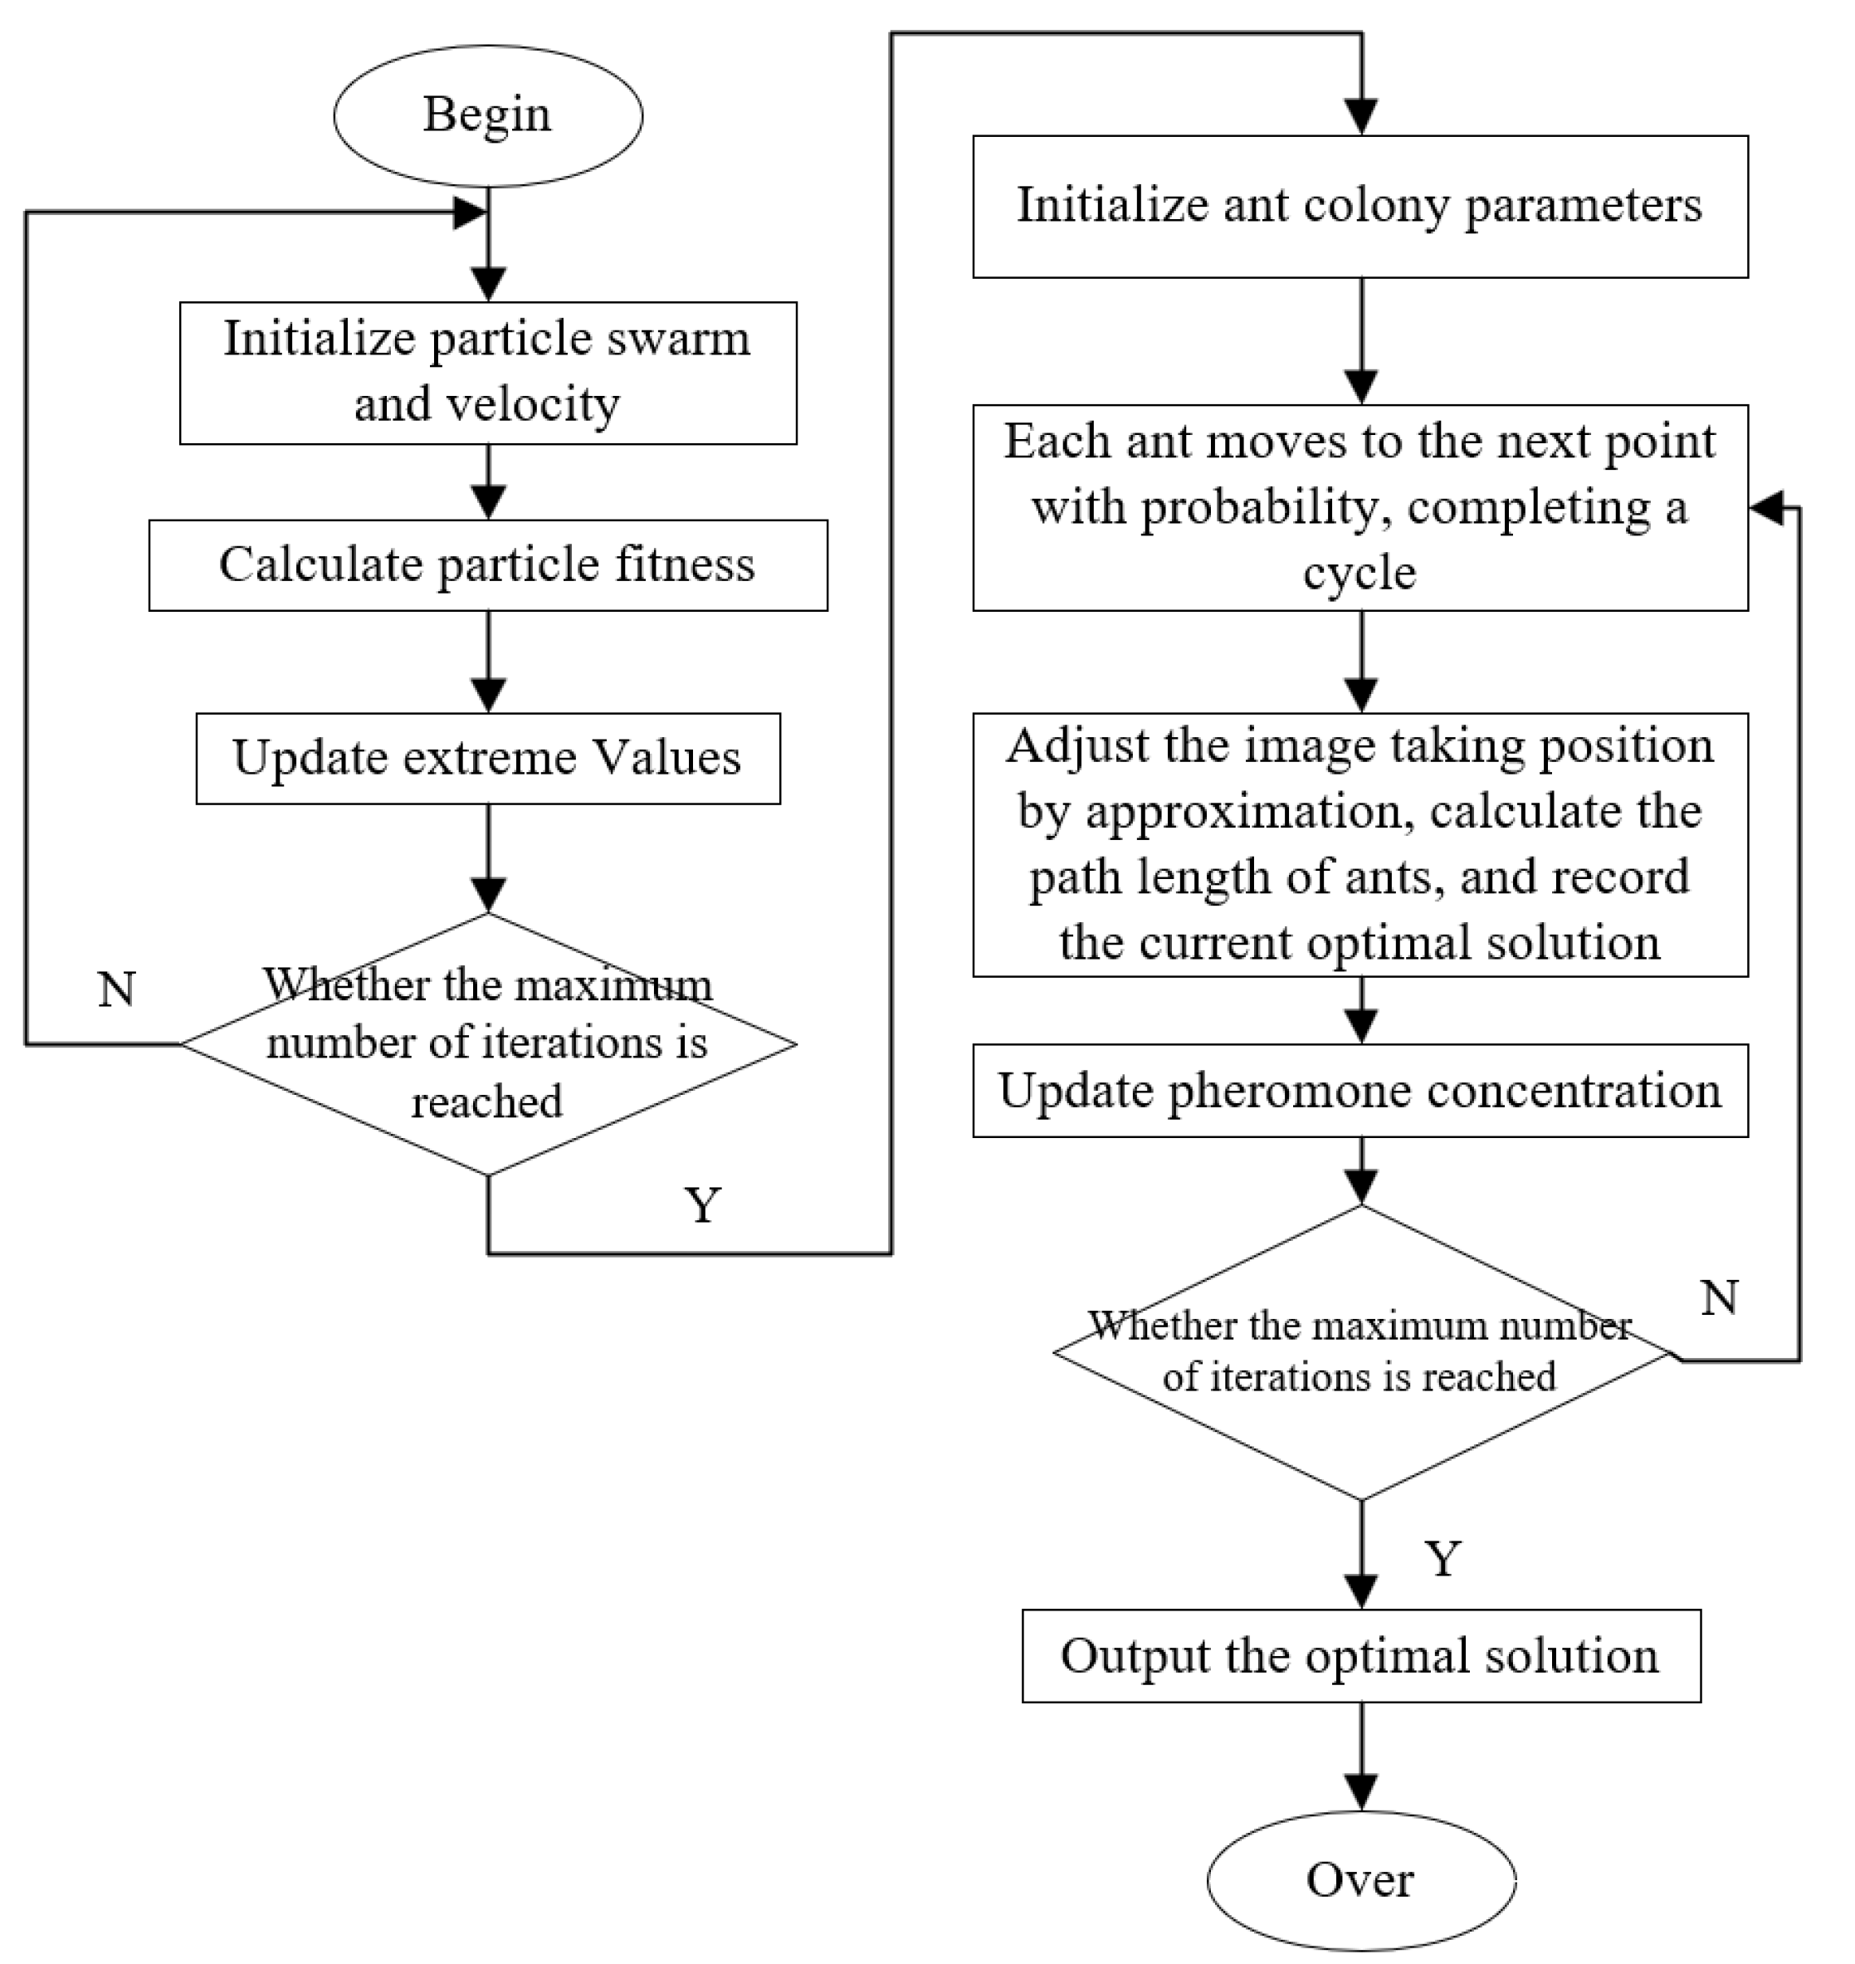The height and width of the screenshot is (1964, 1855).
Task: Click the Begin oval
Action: [x=489, y=115]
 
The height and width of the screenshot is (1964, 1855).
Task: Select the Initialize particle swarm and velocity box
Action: [x=489, y=373]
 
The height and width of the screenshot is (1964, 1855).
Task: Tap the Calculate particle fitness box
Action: [x=489, y=565]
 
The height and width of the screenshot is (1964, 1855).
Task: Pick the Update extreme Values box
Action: [x=489, y=759]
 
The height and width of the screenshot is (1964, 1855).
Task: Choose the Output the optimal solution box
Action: [x=1362, y=1656]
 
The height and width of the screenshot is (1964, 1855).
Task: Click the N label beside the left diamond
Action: [x=117, y=989]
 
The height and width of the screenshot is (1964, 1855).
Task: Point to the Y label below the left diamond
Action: [x=702, y=1205]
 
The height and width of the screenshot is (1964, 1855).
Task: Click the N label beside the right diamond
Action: [x=1720, y=1297]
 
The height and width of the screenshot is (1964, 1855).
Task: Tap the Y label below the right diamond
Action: [x=1443, y=1560]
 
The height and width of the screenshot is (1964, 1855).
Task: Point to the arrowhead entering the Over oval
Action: [x=1362, y=1793]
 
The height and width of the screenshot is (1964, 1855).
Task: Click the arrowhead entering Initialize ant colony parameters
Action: [x=1362, y=118]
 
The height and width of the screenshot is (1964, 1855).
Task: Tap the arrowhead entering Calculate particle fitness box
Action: [x=489, y=502]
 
